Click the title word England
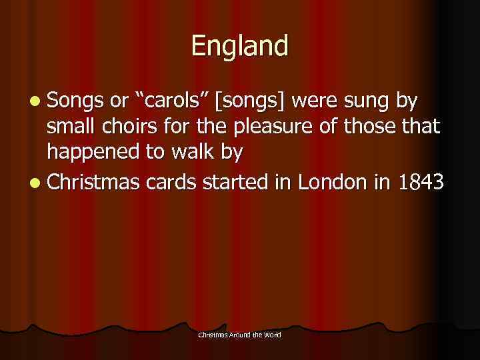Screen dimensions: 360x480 coord(240,46)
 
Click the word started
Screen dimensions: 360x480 coord(238,181)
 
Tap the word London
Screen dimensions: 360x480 coord(331,181)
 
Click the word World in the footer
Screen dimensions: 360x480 coord(272,334)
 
